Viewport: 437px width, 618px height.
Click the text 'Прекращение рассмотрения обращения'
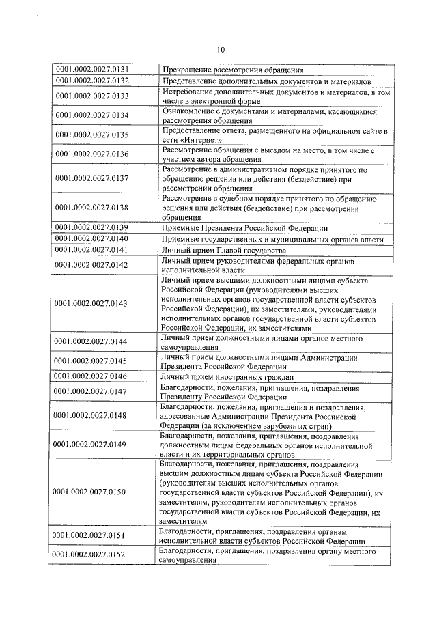(231, 69)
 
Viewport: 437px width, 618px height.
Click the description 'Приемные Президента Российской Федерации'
(244, 227)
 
